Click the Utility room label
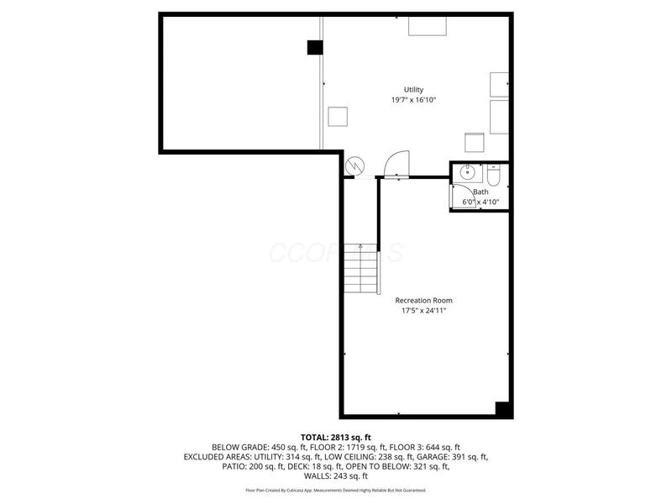point(413,89)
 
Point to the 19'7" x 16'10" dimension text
point(413,100)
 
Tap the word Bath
point(480,192)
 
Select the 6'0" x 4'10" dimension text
point(480,202)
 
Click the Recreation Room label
point(423,300)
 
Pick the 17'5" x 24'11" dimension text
point(423,311)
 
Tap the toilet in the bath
point(493,176)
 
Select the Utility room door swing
point(396,163)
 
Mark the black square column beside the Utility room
point(314,48)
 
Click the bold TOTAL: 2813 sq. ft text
point(335,437)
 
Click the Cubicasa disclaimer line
point(335,490)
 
